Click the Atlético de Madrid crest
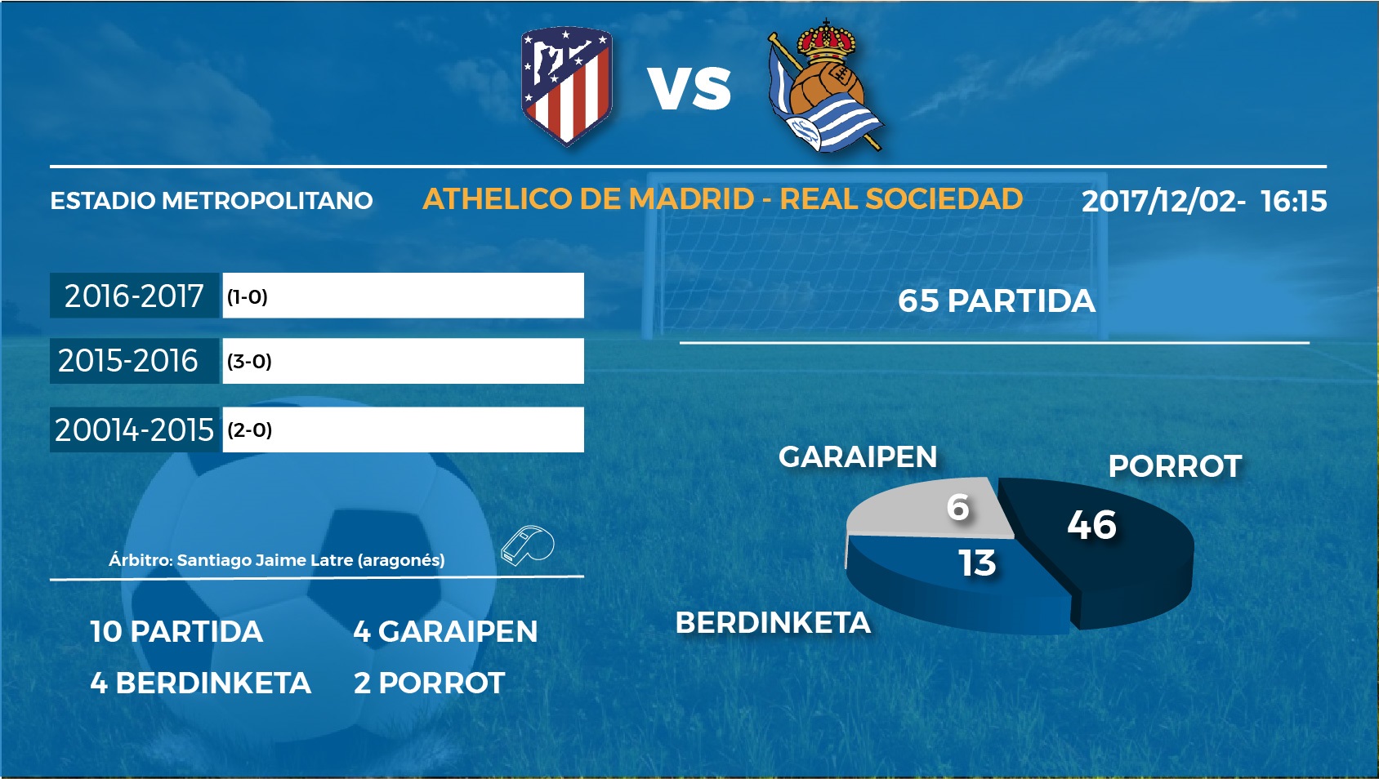(x=566, y=85)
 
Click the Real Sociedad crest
(x=825, y=85)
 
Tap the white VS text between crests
(x=689, y=89)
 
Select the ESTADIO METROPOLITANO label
(x=211, y=201)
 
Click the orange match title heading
(x=723, y=198)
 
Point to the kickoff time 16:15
(x=1293, y=201)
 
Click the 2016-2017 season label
(x=134, y=296)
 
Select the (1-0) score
(x=248, y=297)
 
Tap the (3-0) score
(x=249, y=361)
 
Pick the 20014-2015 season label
(x=134, y=430)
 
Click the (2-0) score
(x=249, y=430)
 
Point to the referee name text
(x=276, y=560)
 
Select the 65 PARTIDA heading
(x=996, y=300)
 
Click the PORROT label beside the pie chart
(x=1175, y=466)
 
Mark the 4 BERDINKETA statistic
(x=200, y=683)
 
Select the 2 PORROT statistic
(x=429, y=683)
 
